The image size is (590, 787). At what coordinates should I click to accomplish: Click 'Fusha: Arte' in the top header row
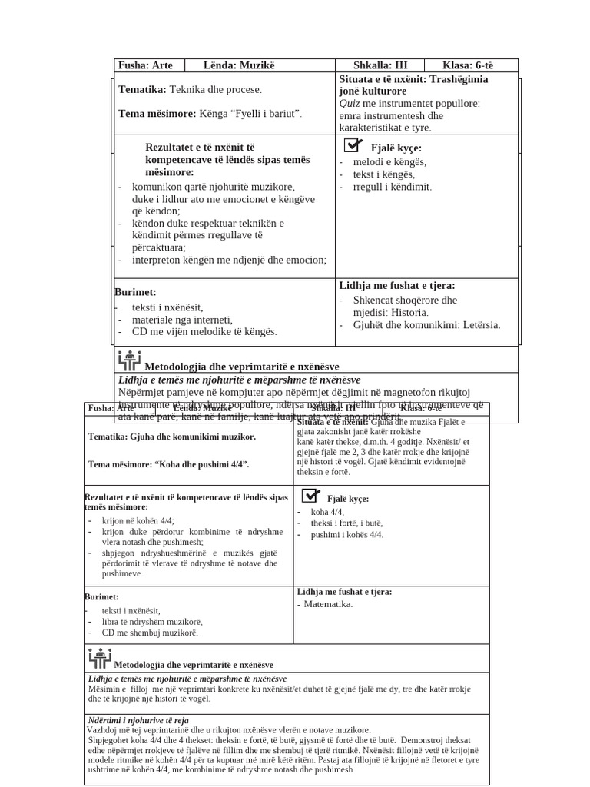coord(145,65)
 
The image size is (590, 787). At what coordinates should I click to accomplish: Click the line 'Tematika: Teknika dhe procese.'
coord(190,90)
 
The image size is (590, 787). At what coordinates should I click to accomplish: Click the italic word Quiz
coord(350,103)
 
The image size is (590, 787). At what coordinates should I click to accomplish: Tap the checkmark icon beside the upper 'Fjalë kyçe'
coord(353,145)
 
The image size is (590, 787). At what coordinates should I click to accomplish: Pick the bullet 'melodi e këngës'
coord(389,161)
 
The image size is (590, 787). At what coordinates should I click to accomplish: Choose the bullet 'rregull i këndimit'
coord(392,187)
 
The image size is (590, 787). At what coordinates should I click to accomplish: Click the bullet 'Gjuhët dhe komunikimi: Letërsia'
coord(426,324)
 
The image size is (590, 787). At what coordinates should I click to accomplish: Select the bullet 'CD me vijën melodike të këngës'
coord(204,331)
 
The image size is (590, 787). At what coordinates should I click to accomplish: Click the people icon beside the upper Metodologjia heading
coord(129,360)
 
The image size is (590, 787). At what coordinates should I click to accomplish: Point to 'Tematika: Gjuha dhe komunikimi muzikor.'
coord(172,437)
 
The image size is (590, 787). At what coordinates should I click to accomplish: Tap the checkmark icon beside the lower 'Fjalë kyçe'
coord(311,496)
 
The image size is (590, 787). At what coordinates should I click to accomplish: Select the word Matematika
coord(328,604)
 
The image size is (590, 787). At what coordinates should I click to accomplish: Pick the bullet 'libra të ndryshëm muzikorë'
coord(151,621)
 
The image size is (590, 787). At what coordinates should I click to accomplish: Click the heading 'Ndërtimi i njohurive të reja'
coord(138,720)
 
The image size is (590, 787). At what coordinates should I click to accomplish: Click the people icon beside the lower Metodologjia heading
coord(100,658)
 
